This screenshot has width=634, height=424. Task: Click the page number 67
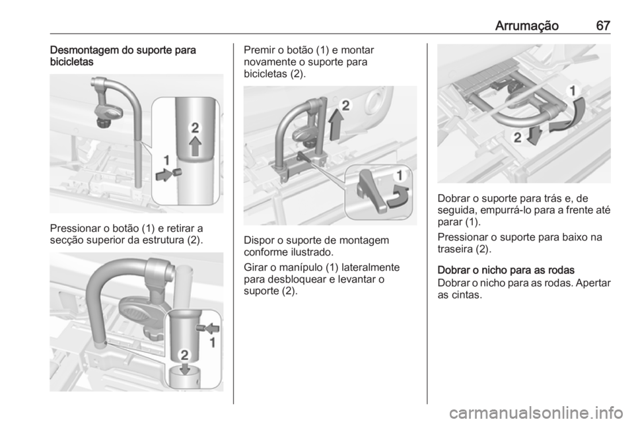click(x=603, y=26)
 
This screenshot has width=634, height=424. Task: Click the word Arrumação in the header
click(x=527, y=26)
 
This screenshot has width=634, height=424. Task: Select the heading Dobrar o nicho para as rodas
click(x=506, y=270)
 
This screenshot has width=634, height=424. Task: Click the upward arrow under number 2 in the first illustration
click(x=195, y=146)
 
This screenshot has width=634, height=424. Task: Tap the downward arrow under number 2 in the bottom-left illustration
click(x=185, y=367)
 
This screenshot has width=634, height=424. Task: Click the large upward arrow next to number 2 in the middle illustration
click(x=335, y=125)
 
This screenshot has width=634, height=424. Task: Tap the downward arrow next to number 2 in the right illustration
click(x=534, y=136)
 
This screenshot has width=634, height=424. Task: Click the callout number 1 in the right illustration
click(x=573, y=91)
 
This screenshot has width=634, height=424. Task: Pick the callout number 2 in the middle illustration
click(x=345, y=106)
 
